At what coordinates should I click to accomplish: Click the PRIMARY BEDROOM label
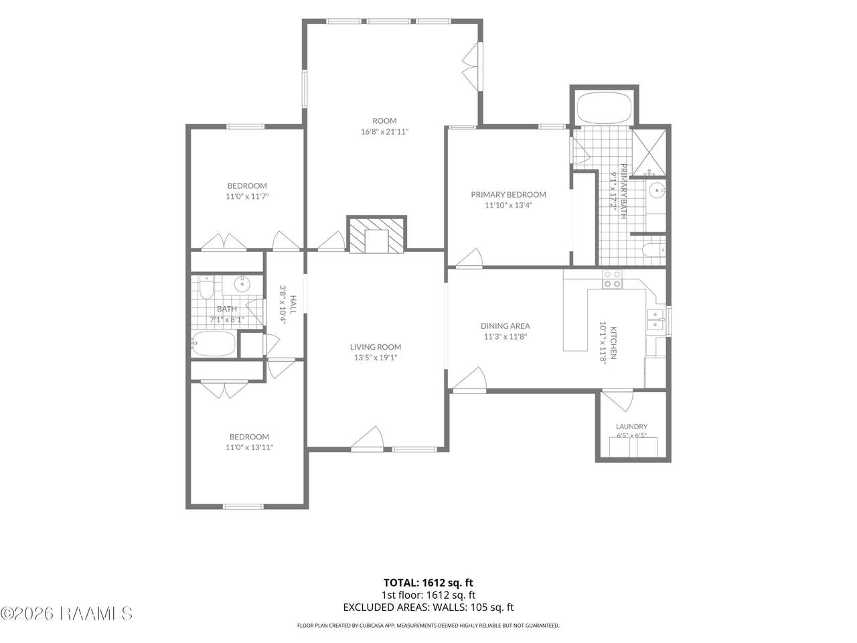(508, 194)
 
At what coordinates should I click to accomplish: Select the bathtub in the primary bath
(604, 107)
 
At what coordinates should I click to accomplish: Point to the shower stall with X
(649, 153)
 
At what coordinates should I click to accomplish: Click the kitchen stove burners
(612, 279)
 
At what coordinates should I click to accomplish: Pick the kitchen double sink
(656, 319)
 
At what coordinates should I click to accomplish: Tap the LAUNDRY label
(631, 427)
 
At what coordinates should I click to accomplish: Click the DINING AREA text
(505, 326)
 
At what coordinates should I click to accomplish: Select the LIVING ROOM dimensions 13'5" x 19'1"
(376, 357)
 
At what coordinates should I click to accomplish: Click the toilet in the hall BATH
(206, 287)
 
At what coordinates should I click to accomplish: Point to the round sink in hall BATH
(242, 283)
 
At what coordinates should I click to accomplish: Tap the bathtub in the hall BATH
(214, 344)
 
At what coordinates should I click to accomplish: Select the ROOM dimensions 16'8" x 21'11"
(384, 131)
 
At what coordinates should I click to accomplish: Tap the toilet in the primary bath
(653, 250)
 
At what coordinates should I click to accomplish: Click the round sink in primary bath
(657, 191)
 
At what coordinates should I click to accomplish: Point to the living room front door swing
(368, 437)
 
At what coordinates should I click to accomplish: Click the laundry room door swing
(618, 400)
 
